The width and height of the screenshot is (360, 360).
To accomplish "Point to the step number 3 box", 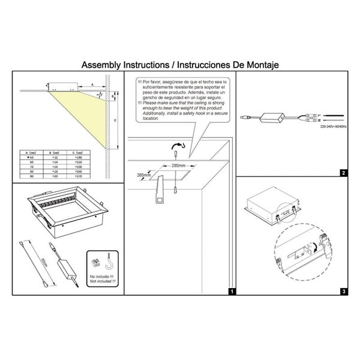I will point(342,292).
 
